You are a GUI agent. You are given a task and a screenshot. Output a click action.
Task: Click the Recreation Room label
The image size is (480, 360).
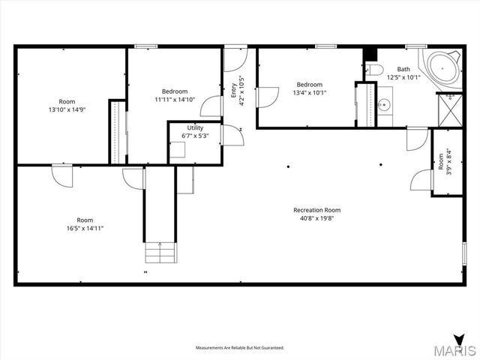[316, 210]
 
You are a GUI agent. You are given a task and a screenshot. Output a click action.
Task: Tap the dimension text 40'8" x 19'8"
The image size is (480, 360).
[316, 219]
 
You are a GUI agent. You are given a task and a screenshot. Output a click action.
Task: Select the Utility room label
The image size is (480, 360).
[195, 127]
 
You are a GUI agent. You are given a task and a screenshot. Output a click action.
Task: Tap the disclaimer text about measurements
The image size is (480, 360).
[240, 348]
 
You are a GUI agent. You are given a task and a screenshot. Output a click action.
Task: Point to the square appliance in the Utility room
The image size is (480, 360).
[178, 149]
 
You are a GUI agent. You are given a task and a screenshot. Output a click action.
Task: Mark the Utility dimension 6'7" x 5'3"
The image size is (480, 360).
[195, 136]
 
